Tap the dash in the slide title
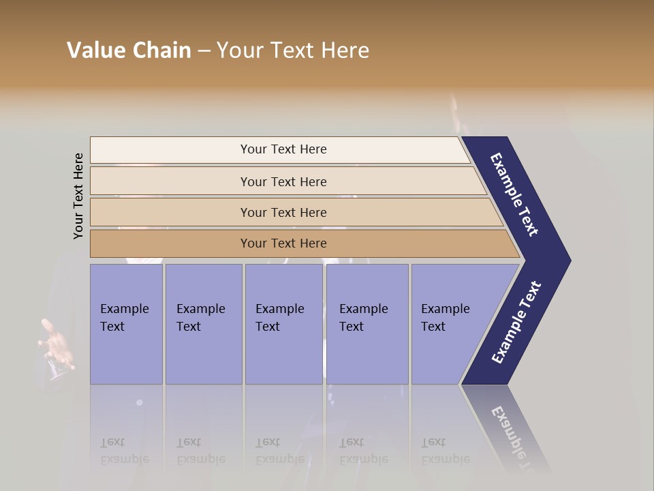(204, 51)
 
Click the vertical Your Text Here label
(78, 196)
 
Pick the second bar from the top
(283, 181)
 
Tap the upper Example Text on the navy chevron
(514, 194)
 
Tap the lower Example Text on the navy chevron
(516, 323)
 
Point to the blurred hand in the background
(56, 344)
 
